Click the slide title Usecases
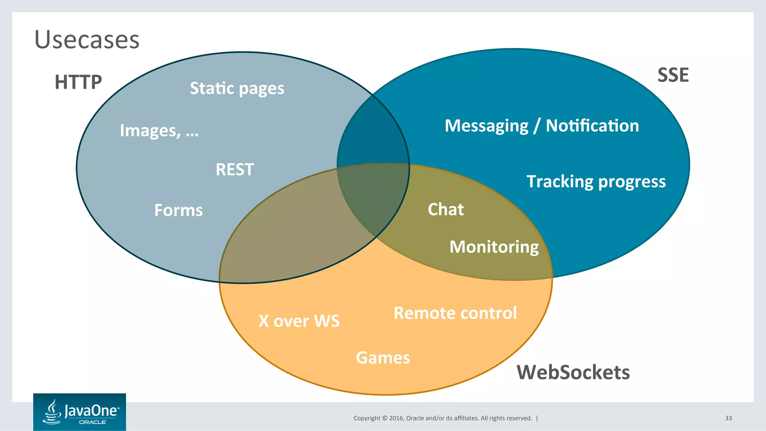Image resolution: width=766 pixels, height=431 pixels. [x=87, y=40]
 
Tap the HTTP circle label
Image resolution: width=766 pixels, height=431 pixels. [x=78, y=82]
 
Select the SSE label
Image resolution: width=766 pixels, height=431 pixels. [x=673, y=75]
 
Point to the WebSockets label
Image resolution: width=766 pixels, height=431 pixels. [x=573, y=372]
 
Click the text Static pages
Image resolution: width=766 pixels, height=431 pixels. [x=237, y=89]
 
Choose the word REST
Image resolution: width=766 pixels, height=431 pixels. [x=235, y=170]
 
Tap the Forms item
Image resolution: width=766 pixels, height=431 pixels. [x=178, y=210]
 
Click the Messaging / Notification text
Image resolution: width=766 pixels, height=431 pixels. [x=542, y=126]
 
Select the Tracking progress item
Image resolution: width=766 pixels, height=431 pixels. [x=596, y=182]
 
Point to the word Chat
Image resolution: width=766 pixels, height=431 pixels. [x=445, y=209]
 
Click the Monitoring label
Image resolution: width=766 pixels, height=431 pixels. [x=494, y=247]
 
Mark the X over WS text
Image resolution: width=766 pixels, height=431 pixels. [x=299, y=321]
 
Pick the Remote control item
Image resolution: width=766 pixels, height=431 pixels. [x=455, y=313]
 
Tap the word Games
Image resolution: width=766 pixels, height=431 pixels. [x=383, y=358]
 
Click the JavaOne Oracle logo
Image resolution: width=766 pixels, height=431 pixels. [x=80, y=412]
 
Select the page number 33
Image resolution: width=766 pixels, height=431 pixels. [x=728, y=418]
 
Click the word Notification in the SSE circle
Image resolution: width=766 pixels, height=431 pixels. [x=592, y=126]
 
